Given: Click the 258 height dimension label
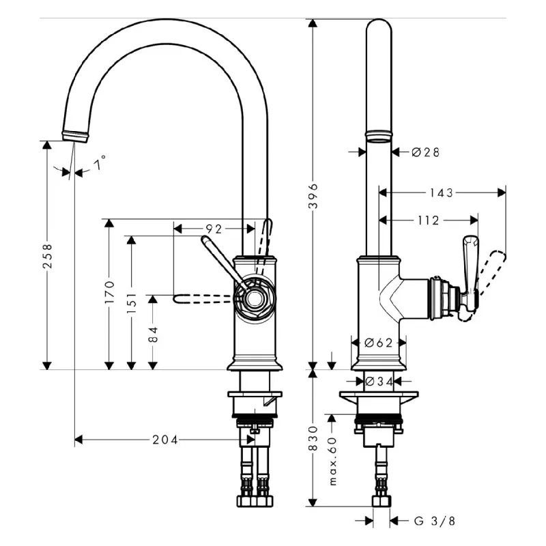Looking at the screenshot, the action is (x=47, y=256).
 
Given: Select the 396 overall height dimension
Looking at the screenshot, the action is (x=313, y=196).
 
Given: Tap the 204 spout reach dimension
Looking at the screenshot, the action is (x=164, y=440).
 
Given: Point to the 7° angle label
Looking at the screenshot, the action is (x=100, y=162).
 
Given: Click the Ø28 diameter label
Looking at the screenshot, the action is (x=425, y=152).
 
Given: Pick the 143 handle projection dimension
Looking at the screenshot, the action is (x=441, y=192).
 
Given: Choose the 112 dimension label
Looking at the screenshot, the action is (x=429, y=220).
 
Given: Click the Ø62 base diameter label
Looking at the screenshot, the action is (x=379, y=343).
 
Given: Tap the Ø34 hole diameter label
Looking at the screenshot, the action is (x=379, y=382).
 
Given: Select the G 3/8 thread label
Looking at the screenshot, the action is (x=434, y=521).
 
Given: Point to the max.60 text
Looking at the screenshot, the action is (x=333, y=461).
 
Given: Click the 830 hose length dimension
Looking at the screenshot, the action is (x=313, y=438).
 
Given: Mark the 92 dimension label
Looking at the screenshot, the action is (x=214, y=229).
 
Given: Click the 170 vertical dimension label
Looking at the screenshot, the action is (x=109, y=292).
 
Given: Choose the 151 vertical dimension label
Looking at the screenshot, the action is (x=132, y=303).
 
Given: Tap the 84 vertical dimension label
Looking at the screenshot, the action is (x=153, y=334).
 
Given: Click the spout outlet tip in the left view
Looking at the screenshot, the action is (x=75, y=139).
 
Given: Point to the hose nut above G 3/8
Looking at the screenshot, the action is (x=382, y=501).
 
